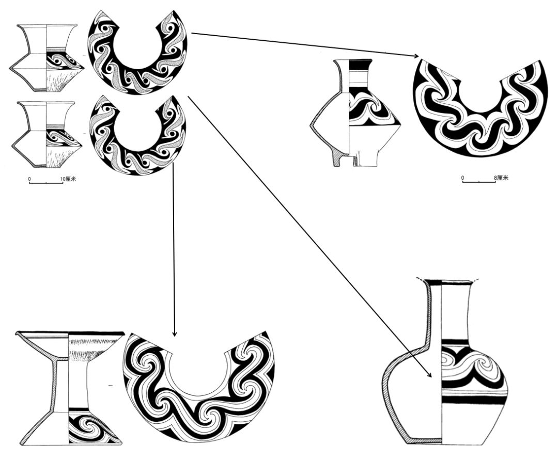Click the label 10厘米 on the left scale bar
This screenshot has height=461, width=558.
[x=68, y=179]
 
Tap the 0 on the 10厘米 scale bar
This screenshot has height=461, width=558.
[x=29, y=179]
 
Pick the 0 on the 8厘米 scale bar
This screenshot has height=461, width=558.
[x=462, y=178]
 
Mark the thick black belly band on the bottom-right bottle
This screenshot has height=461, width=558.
[x=473, y=400]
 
